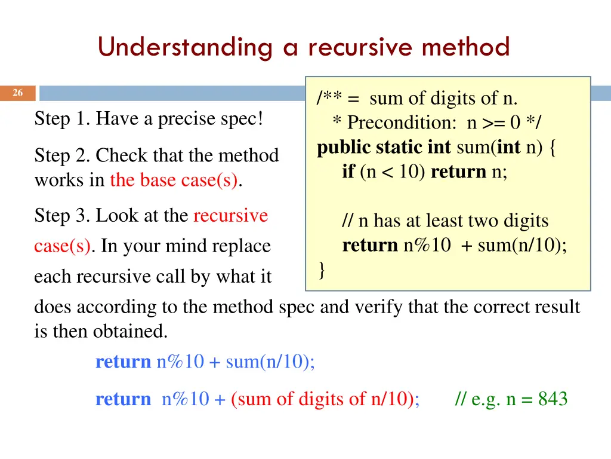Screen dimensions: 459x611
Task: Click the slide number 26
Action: [x=17, y=93]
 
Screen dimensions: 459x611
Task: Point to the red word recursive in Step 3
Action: [x=230, y=216]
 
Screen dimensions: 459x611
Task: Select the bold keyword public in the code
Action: [x=344, y=148]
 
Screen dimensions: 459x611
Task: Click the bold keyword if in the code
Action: [x=348, y=172]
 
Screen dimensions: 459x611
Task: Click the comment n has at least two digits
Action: [x=445, y=221]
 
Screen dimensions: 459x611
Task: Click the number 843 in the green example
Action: [x=553, y=399]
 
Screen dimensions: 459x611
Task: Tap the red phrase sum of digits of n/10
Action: [x=325, y=399]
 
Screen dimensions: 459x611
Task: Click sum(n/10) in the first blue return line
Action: [x=270, y=362]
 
